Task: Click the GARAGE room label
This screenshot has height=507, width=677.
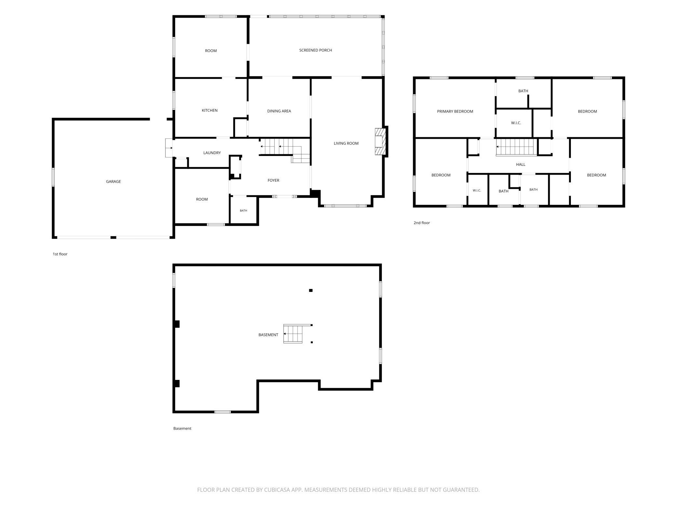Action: (x=113, y=182)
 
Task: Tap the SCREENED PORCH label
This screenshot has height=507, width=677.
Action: (x=315, y=50)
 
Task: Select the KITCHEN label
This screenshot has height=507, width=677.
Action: (x=210, y=110)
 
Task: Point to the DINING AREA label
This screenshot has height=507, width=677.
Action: (x=279, y=111)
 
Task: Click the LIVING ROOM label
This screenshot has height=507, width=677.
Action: (x=346, y=143)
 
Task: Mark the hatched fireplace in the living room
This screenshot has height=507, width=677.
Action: (x=380, y=142)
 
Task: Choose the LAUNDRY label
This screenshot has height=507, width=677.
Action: (x=212, y=153)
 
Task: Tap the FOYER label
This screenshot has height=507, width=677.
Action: (x=273, y=180)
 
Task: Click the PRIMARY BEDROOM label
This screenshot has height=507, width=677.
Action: (x=455, y=111)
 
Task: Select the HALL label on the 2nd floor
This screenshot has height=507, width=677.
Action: (x=521, y=164)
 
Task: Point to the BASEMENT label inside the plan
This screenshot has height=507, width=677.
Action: (x=268, y=335)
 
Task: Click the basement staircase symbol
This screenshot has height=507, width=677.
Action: (x=293, y=333)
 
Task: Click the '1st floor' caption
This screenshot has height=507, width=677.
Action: (x=60, y=254)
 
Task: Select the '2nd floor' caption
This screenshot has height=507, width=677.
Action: (x=421, y=223)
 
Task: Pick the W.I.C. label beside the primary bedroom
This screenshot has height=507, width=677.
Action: (x=516, y=123)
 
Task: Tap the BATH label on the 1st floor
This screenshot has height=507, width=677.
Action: (x=243, y=211)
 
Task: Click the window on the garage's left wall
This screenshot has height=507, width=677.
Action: (x=53, y=177)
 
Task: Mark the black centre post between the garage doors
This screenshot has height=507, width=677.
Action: (x=113, y=238)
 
